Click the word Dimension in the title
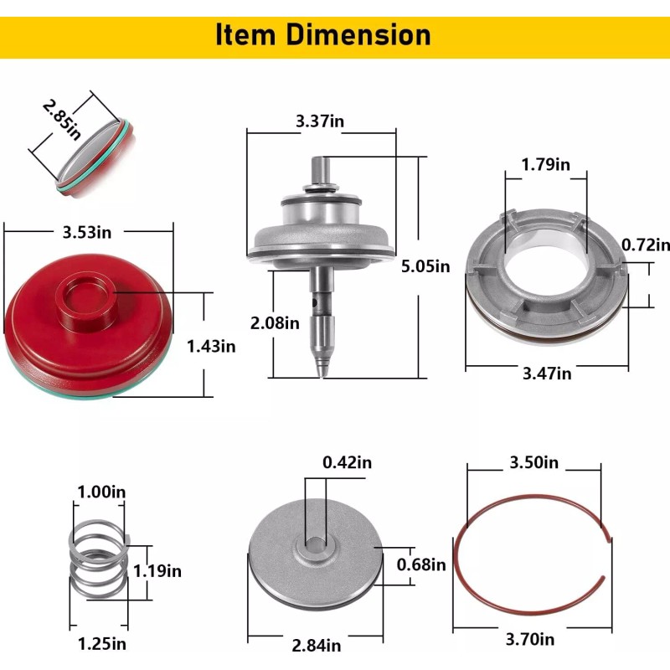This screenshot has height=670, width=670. pos(358,35)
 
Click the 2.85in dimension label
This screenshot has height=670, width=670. pos(62,120)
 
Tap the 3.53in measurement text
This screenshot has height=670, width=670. pos(87,233)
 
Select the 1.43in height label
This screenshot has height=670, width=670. pos(211,346)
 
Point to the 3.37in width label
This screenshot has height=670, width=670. pos(320,121)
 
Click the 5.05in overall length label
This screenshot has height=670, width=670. pos(425,266)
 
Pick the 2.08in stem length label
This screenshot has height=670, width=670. pos(275,323)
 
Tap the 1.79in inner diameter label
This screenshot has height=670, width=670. pos(546,164)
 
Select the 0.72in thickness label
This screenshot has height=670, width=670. pos(646,245)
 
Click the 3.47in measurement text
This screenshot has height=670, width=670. pos(547,374)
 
